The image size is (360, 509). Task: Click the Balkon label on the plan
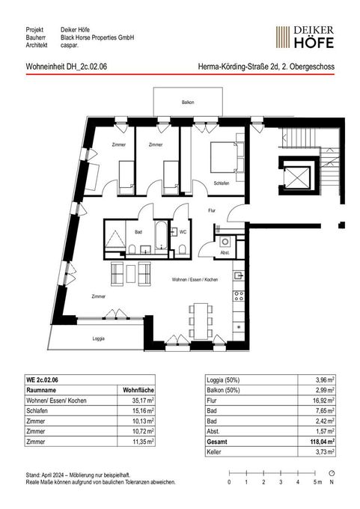click(x=188, y=103)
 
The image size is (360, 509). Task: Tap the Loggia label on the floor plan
click(x=98, y=338)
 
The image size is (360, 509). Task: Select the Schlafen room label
click(x=222, y=183)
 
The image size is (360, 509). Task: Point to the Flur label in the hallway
click(x=212, y=210)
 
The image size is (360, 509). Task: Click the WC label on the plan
click(x=183, y=232)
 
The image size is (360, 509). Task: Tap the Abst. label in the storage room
click(x=225, y=252)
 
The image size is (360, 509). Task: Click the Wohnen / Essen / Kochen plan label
click(x=195, y=279)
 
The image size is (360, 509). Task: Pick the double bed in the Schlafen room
click(x=228, y=157)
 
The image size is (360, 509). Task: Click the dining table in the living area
click(x=201, y=321)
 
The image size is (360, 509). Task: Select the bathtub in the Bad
click(x=162, y=235)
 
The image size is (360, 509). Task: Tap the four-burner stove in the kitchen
click(x=239, y=296)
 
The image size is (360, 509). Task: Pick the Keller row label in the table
click(x=213, y=452)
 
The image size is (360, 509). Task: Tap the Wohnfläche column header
click(x=138, y=390)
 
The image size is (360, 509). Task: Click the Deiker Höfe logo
click(x=305, y=37)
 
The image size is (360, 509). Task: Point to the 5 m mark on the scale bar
click(x=315, y=473)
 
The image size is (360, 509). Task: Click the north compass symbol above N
click(x=332, y=473)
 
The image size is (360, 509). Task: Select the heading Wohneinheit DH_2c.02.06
click(x=66, y=67)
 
